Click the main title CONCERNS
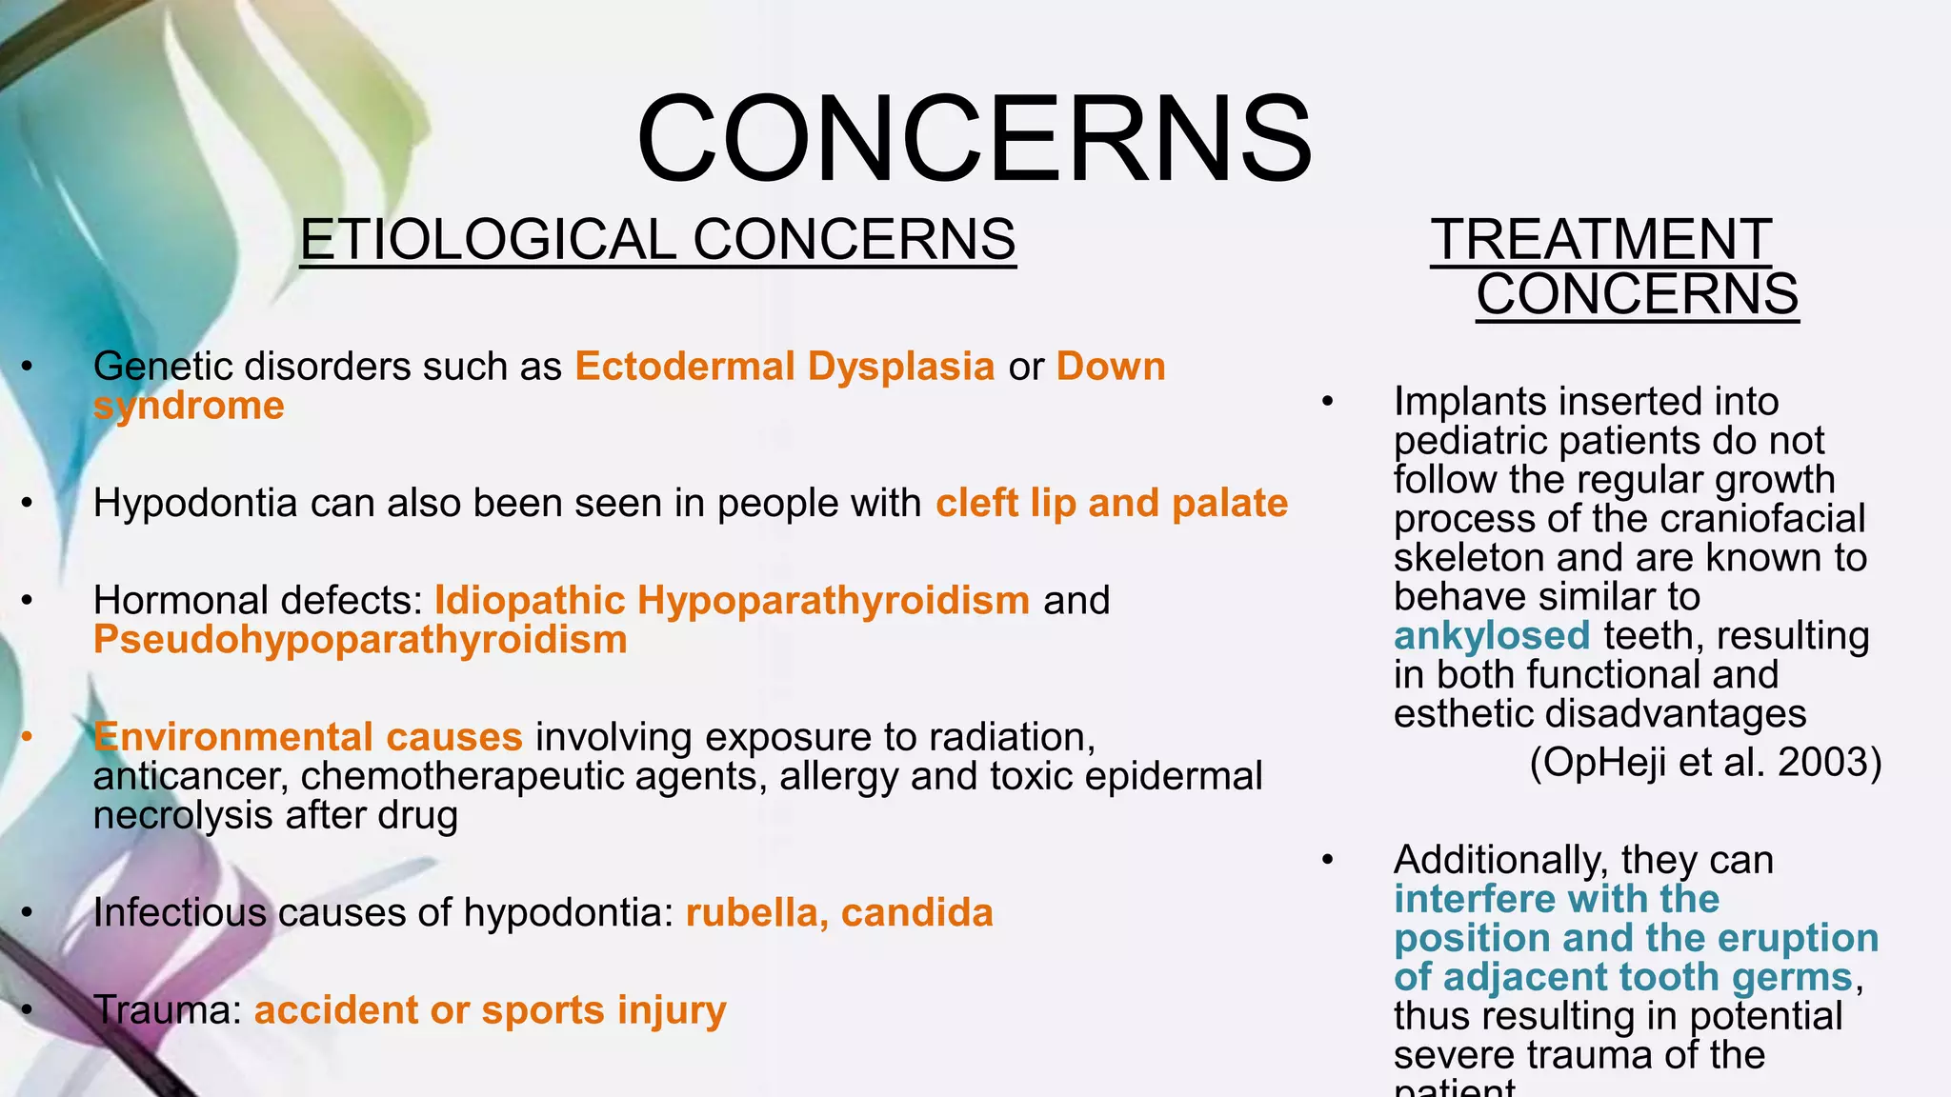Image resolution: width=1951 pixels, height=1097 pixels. (x=975, y=138)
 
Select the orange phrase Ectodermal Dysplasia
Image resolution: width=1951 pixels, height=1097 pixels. (x=785, y=367)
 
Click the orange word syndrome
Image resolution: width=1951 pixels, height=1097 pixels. (x=189, y=407)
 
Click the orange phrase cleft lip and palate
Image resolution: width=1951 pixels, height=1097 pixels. (x=1112, y=504)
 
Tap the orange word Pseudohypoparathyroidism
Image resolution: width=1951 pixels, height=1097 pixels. (x=360, y=640)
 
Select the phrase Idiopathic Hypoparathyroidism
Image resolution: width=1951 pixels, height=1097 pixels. (x=732, y=601)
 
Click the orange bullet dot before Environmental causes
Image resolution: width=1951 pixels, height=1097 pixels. (x=28, y=737)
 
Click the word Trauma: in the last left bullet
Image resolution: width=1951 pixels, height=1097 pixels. (x=168, y=1010)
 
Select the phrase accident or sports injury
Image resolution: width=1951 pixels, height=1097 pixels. (x=490, y=1010)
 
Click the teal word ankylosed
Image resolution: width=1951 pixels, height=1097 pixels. (x=1492, y=636)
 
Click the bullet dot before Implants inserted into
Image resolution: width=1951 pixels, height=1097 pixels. (x=1328, y=402)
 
